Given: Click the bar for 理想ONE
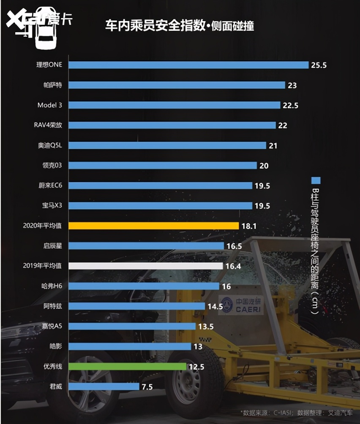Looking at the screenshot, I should pyautogui.click(x=188, y=65).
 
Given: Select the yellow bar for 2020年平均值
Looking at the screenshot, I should pyautogui.click(x=154, y=226).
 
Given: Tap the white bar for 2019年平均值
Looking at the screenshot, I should pyautogui.click(x=146, y=266).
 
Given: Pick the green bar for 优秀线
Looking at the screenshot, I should pyautogui.click(x=127, y=366).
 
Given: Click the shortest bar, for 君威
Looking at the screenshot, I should pyautogui.click(x=104, y=386).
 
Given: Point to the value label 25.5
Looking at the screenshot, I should pyautogui.click(x=319, y=65).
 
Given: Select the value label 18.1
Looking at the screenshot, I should pyautogui.click(x=249, y=226).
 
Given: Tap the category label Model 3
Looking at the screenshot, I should pyautogui.click(x=49, y=105).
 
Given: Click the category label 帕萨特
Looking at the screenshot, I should pyautogui.click(x=53, y=85).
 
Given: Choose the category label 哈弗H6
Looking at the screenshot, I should pyautogui.click(x=52, y=286).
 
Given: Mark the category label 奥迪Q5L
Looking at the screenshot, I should pyautogui.click(x=50, y=145).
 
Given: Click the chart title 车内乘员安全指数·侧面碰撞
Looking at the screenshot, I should pyautogui.click(x=180, y=26).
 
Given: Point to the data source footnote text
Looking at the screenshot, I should pyautogui.click(x=296, y=413).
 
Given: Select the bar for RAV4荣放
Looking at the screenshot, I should pyautogui.click(x=172, y=125).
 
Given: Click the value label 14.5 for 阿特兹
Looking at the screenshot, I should pyautogui.click(x=215, y=306).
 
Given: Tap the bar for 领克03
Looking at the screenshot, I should pyautogui.click(x=163, y=166).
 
